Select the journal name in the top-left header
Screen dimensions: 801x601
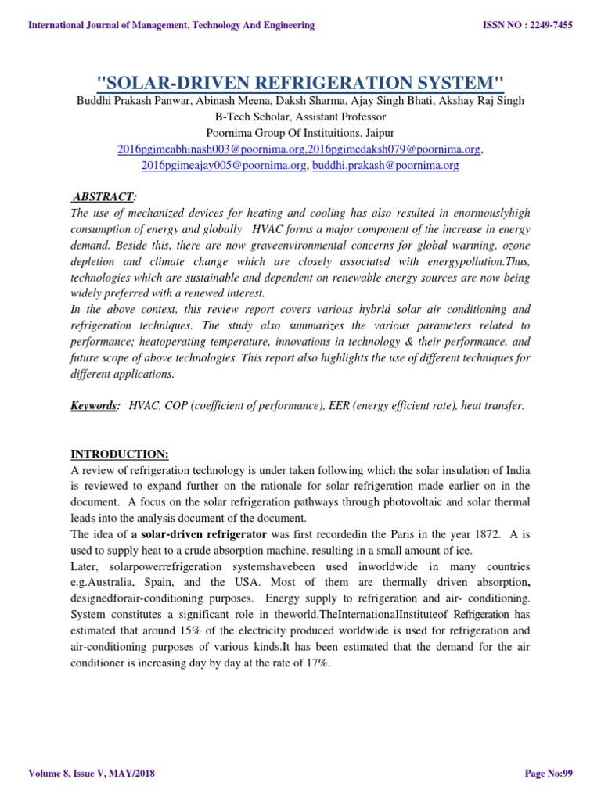[x=171, y=25]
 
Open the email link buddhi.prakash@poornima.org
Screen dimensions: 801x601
[x=386, y=165]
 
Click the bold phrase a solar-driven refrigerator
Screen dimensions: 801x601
[x=199, y=533]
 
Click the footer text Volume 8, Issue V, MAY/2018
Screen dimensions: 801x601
[x=92, y=774]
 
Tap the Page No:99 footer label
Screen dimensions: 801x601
[x=549, y=774]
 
